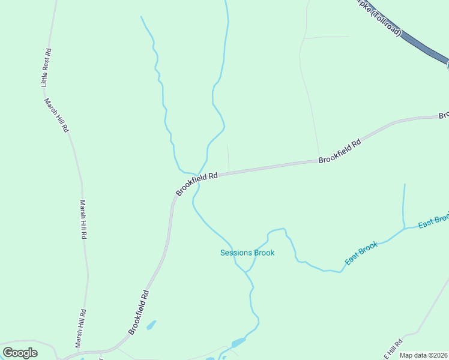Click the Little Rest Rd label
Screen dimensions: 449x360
click(x=46, y=68)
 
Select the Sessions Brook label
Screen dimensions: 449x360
click(x=247, y=253)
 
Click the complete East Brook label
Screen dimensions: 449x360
click(x=361, y=254)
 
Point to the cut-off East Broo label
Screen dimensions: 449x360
click(x=433, y=220)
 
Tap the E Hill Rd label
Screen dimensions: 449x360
click(x=394, y=347)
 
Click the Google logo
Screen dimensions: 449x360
click(x=20, y=353)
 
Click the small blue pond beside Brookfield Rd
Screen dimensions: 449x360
click(x=151, y=325)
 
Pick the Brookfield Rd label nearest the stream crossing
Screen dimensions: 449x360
click(x=196, y=184)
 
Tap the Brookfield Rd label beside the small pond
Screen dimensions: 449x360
click(x=138, y=313)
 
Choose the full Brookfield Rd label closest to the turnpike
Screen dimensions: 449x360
click(x=340, y=152)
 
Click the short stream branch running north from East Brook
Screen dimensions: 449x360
click(x=403, y=204)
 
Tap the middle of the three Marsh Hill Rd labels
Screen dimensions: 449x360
click(x=83, y=220)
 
